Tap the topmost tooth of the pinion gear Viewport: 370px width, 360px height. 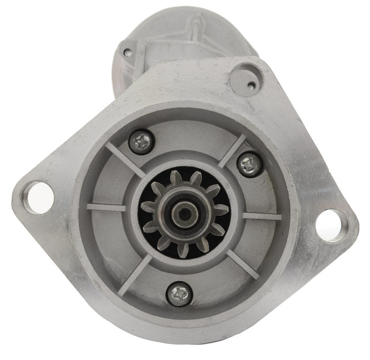coord(180,177)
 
